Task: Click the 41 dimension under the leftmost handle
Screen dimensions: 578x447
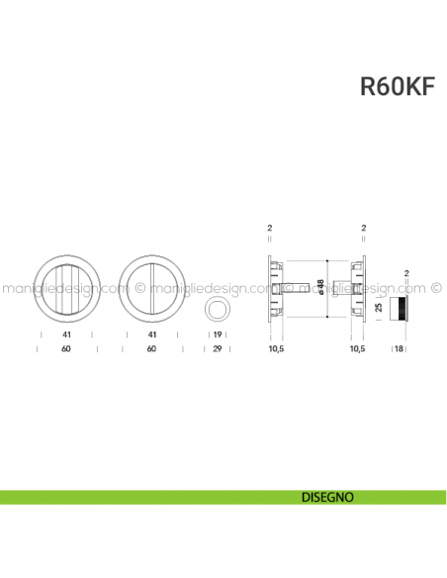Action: (65, 336)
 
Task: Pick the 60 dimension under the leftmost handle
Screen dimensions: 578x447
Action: (65, 349)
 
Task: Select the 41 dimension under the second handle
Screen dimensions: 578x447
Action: (151, 336)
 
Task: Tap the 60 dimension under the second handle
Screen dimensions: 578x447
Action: (151, 349)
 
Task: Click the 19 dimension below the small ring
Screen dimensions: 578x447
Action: (216, 336)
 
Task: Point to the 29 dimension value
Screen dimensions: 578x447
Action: (216, 349)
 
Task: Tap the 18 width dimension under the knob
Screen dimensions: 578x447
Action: (400, 349)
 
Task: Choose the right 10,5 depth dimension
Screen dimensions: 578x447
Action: (357, 349)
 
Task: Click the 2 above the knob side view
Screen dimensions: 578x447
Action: (405, 272)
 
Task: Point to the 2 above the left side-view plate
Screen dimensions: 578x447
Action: (269, 229)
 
